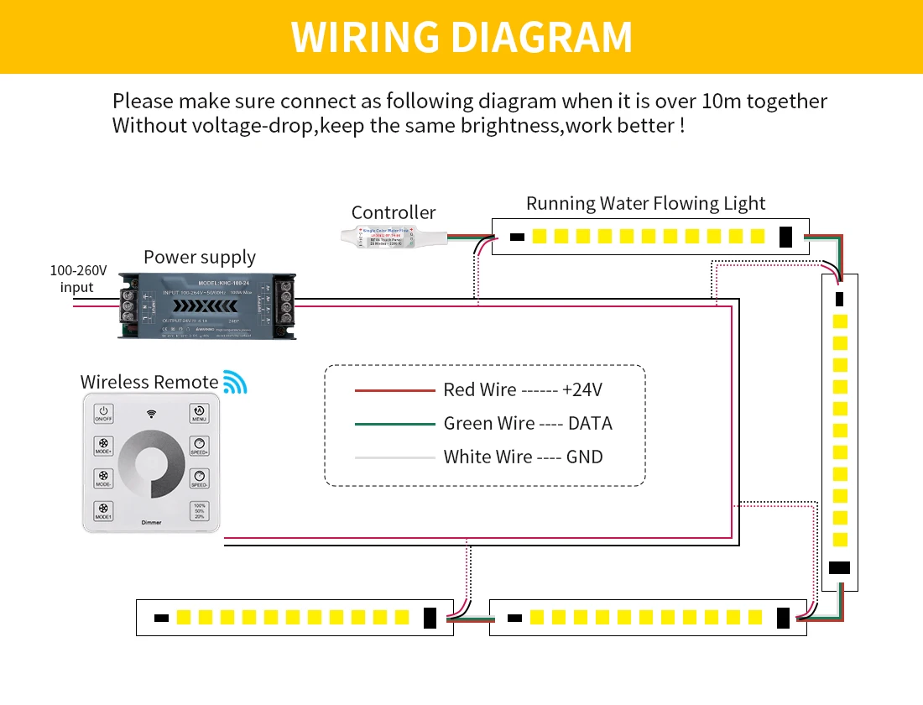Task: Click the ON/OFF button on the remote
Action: (103, 414)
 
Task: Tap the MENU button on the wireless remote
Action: (200, 414)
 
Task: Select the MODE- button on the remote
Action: (103, 478)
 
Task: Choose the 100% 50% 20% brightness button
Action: (200, 511)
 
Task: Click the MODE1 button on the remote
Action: (103, 511)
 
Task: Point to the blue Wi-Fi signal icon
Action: (235, 382)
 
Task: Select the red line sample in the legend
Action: (392, 390)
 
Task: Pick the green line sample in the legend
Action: (392, 424)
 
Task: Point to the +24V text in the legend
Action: (582, 390)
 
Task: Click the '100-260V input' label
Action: (78, 279)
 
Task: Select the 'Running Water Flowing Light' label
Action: (645, 204)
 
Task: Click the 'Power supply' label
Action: (200, 257)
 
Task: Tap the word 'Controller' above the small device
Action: (394, 212)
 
